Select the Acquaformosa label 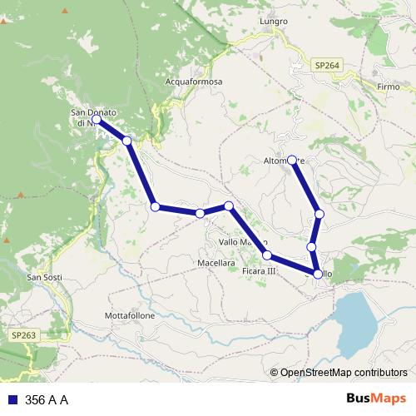195,82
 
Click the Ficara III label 258,271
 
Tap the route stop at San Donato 97,120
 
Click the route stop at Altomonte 292,159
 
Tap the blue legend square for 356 12,400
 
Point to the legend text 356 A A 47,400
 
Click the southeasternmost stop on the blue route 318,274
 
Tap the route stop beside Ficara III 267,255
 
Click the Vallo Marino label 241,241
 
